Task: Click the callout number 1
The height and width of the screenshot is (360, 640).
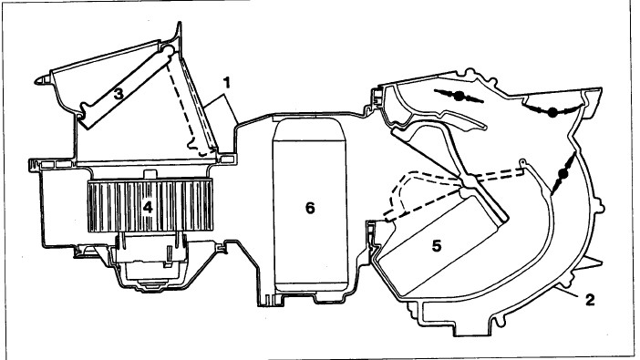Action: point(227,83)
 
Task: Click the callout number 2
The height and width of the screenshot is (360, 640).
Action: point(589,300)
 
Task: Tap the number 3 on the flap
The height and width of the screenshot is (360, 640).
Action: point(119,94)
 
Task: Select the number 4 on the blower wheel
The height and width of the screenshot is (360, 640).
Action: point(148,208)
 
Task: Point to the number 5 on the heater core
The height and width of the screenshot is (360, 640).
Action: point(437,246)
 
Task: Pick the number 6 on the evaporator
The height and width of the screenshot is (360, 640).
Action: point(310,208)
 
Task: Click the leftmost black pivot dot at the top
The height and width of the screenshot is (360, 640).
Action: point(459,97)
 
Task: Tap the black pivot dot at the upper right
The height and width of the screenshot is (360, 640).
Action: point(552,113)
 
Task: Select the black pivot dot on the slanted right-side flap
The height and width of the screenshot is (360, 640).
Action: point(563,175)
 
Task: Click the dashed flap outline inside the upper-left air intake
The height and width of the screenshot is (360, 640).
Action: point(181,107)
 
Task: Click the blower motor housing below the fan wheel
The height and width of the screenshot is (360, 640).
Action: point(150,262)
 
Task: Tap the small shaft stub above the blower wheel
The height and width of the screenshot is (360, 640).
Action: point(150,174)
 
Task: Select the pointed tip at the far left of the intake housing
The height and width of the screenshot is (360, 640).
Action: point(36,81)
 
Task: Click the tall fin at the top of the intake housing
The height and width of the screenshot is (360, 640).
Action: point(178,33)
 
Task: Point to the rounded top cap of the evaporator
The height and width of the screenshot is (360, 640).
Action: point(310,129)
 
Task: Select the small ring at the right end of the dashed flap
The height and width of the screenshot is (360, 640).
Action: point(521,162)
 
